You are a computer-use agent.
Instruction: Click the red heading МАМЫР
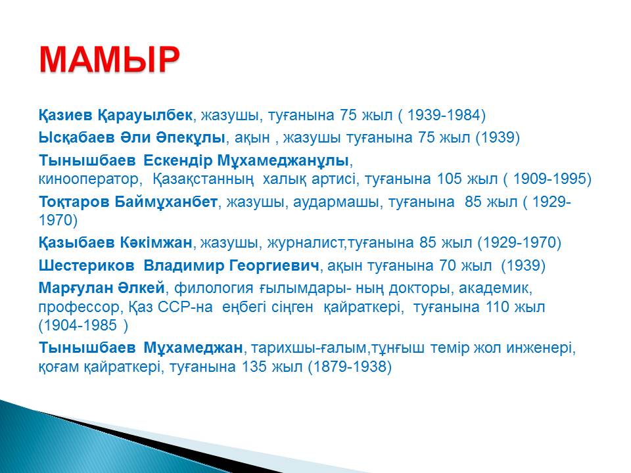[x=109, y=60]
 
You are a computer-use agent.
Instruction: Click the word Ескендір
[x=178, y=160]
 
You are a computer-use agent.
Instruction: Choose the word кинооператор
[x=88, y=179]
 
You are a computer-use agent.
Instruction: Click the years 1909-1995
[x=549, y=179]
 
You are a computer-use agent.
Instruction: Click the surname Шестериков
[x=86, y=265]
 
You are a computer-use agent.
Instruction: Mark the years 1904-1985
[x=80, y=325]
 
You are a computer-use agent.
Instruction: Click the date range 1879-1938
[x=349, y=367]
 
